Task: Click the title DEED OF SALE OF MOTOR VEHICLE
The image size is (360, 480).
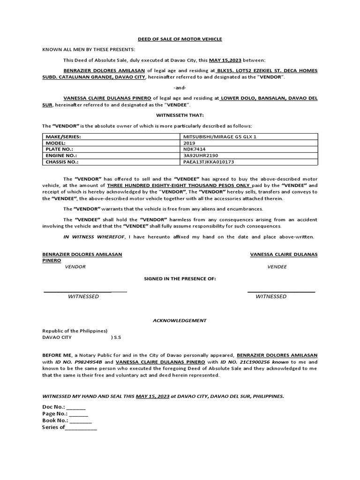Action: [180, 39]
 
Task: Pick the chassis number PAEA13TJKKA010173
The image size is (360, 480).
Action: [209, 162]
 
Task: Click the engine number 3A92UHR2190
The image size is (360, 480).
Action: [201, 155]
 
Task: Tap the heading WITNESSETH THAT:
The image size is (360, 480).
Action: [180, 115]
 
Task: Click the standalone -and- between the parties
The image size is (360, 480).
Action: [180, 88]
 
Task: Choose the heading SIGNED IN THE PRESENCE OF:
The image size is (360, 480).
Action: [180, 279]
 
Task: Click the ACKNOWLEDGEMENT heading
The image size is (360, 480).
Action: [180, 321]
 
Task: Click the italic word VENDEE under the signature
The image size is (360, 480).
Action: [277, 267]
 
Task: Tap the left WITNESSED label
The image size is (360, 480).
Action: [83, 296]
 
